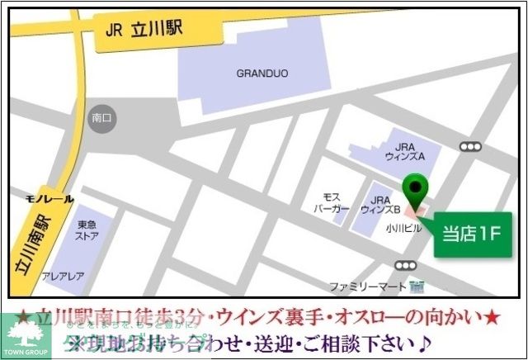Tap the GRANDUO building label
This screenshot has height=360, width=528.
coord(262,73)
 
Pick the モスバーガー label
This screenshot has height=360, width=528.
coord(331,204)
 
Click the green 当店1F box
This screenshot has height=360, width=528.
coord(471,234)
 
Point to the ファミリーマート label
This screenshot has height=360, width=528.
coord(367,287)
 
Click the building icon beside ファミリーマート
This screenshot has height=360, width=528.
coord(417,287)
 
